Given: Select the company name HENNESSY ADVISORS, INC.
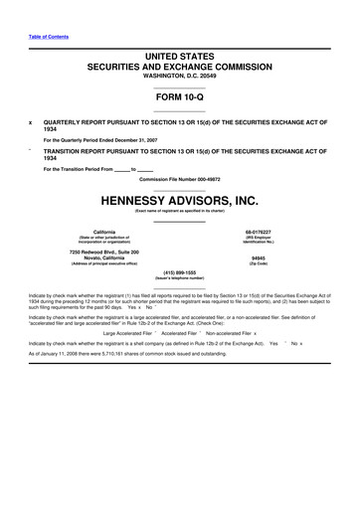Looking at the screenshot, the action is click(x=179, y=201).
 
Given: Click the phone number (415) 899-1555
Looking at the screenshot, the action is click(x=179, y=271).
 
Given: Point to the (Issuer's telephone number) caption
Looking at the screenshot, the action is click(x=179, y=278).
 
